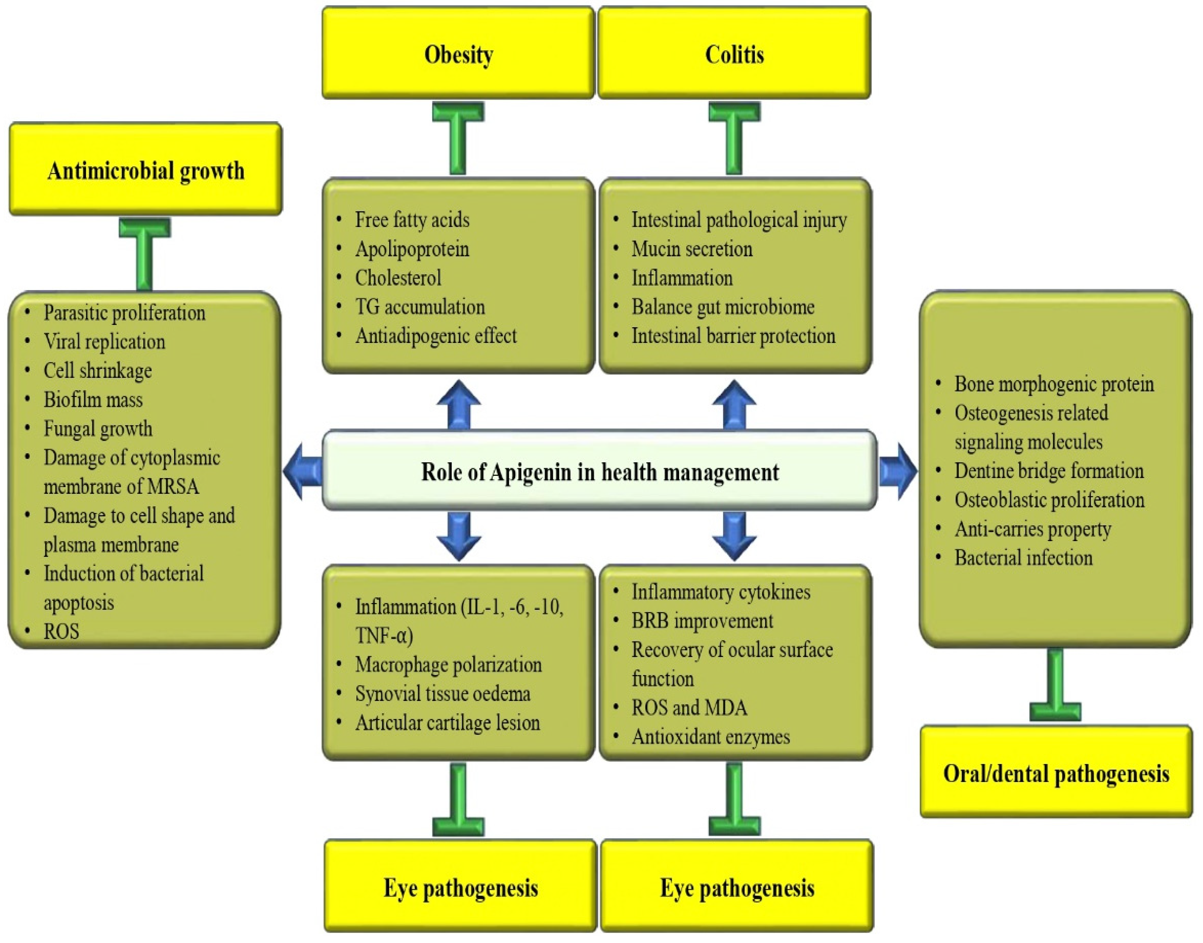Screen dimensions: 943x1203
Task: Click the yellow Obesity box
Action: (458, 54)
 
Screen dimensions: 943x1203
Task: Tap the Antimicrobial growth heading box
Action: (146, 170)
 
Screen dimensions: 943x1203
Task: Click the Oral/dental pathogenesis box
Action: (1055, 773)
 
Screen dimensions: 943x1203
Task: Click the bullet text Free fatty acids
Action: (412, 220)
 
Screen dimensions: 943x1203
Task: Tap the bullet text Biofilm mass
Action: (93, 399)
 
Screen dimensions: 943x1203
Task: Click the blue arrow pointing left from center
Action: (302, 471)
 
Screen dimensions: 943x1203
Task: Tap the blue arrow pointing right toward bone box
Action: (898, 471)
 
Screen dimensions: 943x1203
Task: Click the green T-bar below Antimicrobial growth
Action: (144, 251)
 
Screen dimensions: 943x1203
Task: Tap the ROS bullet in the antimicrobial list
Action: (61, 631)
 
